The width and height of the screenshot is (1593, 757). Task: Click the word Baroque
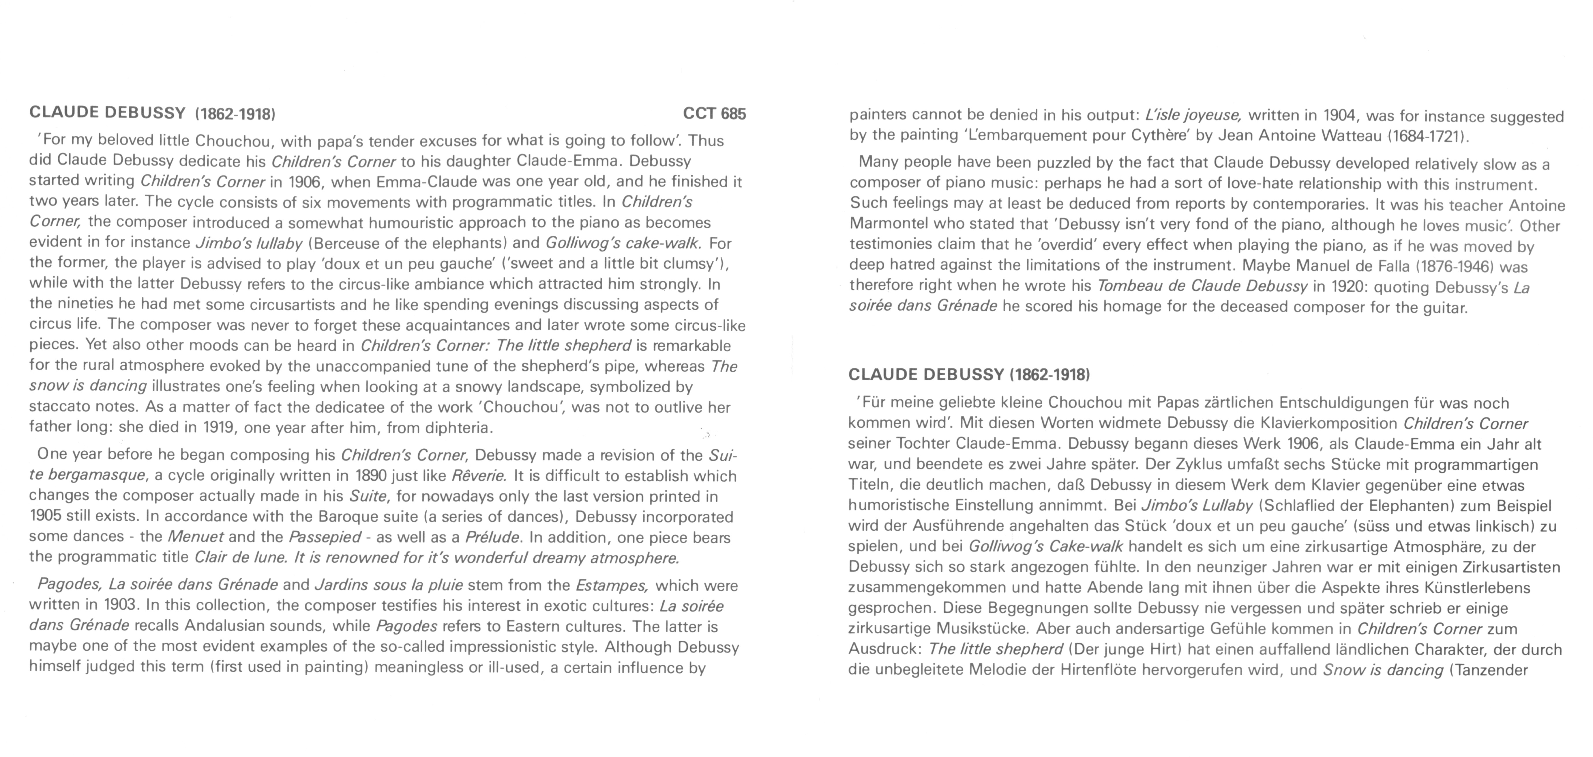pyautogui.click(x=349, y=517)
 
